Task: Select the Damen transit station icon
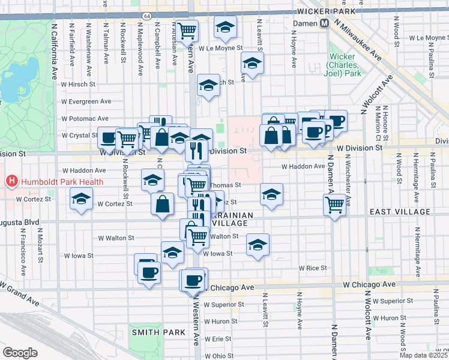(324, 23)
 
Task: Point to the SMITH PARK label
(149, 332)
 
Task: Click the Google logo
(20, 352)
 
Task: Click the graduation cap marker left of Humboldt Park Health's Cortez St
(80, 199)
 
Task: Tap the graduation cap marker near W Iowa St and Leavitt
(258, 245)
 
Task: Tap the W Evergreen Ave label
(87, 101)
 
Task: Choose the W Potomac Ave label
(85, 119)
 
